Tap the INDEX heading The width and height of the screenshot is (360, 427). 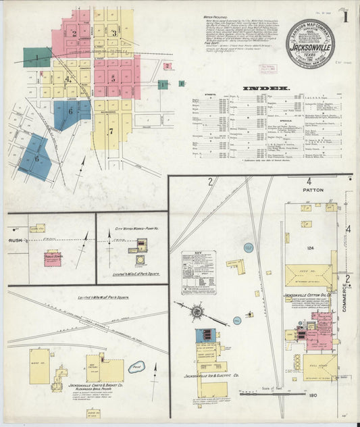[269, 88]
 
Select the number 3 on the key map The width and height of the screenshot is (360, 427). [115, 32]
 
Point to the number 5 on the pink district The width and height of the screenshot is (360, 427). [113, 78]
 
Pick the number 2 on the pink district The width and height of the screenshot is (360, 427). [74, 33]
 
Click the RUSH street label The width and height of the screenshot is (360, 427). [15, 240]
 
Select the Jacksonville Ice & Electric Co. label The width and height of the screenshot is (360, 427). [212, 376]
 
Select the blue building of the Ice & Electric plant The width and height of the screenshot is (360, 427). [205, 336]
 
